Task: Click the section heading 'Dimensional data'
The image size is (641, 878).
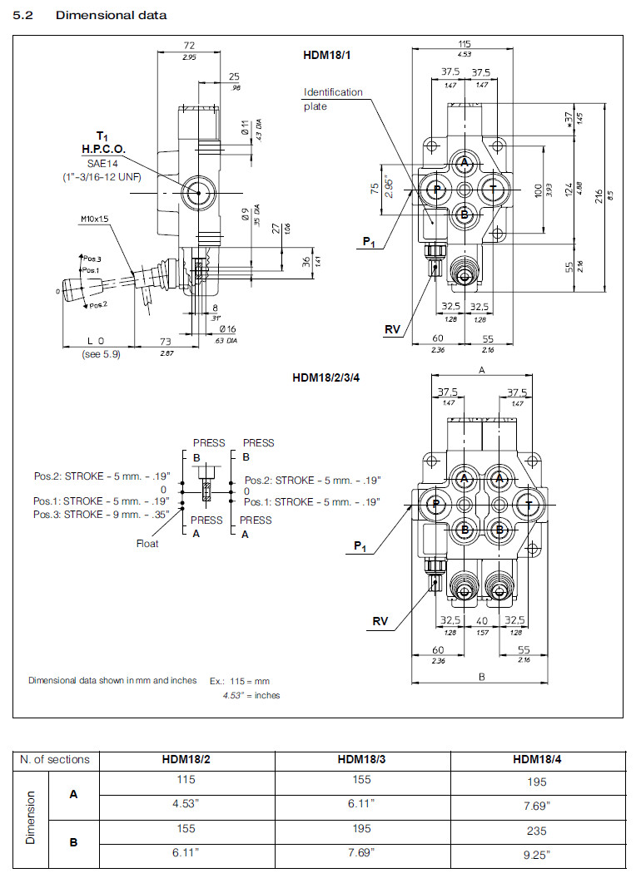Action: pyautogui.click(x=111, y=15)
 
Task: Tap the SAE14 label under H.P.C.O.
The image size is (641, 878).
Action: pyautogui.click(x=103, y=163)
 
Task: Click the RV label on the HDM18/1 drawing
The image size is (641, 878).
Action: pyautogui.click(x=392, y=330)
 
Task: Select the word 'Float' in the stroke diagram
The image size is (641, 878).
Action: pyautogui.click(x=147, y=544)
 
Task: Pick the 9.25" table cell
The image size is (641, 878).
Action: pyautogui.click(x=537, y=854)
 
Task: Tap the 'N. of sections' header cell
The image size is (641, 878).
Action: pyautogui.click(x=55, y=759)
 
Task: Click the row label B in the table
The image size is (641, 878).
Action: pyautogui.click(x=73, y=841)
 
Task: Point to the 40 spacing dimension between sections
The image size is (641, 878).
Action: pyautogui.click(x=482, y=620)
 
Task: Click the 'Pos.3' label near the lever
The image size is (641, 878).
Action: pyautogui.click(x=90, y=259)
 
